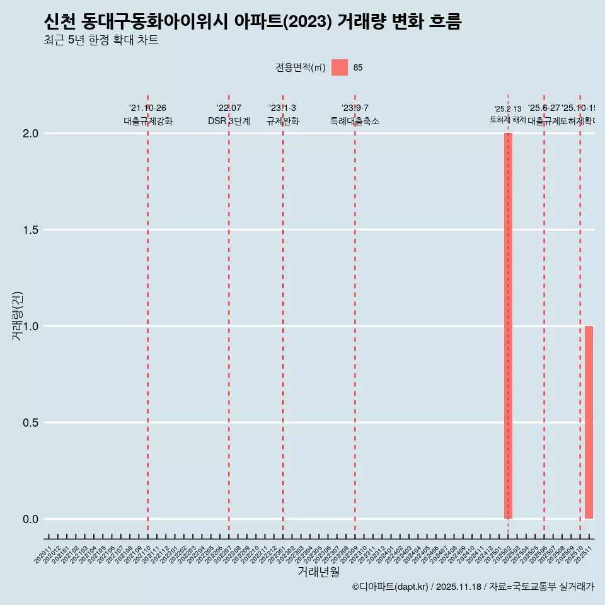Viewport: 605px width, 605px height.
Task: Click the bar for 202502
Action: (508, 326)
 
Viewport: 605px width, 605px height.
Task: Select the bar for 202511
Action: (589, 422)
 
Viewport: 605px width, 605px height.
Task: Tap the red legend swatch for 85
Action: (340, 67)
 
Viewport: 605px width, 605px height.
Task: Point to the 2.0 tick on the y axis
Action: (32, 134)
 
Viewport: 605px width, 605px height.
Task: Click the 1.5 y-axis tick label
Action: (32, 230)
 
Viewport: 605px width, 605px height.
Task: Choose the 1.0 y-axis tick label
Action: (32, 326)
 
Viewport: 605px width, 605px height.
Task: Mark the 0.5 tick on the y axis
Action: (32, 423)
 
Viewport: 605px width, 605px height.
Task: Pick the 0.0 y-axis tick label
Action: (32, 519)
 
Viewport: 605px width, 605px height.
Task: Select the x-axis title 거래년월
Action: (318, 572)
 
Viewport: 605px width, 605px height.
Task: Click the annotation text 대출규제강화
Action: (148, 121)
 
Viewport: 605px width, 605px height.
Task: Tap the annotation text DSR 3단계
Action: (229, 121)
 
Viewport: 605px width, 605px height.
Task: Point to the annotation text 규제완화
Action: (282, 121)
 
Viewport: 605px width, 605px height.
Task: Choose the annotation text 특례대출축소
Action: (355, 121)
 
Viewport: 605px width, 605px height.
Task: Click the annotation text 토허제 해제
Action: (507, 119)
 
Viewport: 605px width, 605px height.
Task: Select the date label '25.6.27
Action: (544, 108)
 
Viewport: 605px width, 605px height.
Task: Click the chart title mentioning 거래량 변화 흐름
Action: (253, 22)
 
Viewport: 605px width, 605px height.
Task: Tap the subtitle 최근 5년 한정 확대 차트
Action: (101, 40)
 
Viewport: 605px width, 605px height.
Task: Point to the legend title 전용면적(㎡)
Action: (301, 68)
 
